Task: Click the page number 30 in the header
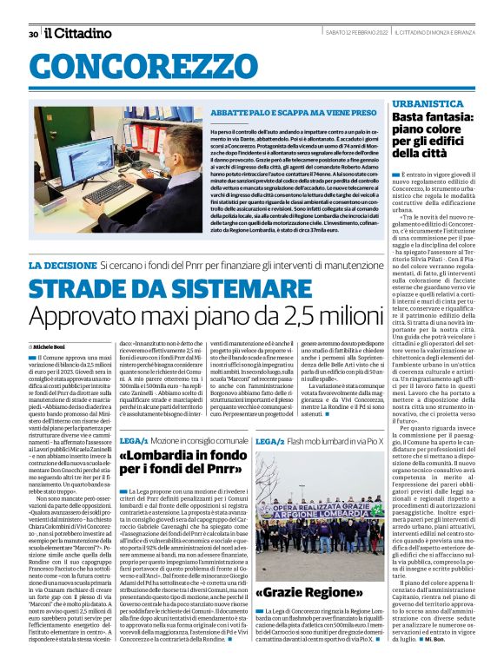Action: (32, 34)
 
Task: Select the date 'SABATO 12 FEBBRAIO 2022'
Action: (305, 34)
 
